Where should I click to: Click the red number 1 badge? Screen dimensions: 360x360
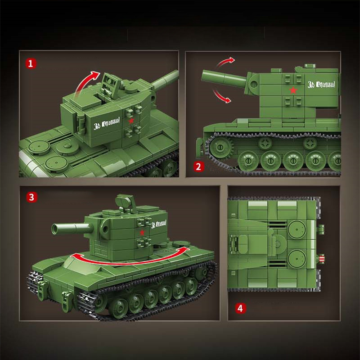click(31, 64)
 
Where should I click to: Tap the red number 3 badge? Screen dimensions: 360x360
click(31, 197)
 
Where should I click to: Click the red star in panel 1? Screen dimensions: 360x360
click(131, 121)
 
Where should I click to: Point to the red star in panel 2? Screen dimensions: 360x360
click(293, 90)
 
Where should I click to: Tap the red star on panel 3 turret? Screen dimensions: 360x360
click(142, 233)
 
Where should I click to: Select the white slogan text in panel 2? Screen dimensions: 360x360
click(321, 84)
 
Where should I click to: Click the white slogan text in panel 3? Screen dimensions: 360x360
click(158, 224)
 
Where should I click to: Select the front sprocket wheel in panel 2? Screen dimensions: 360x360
click(219, 147)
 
